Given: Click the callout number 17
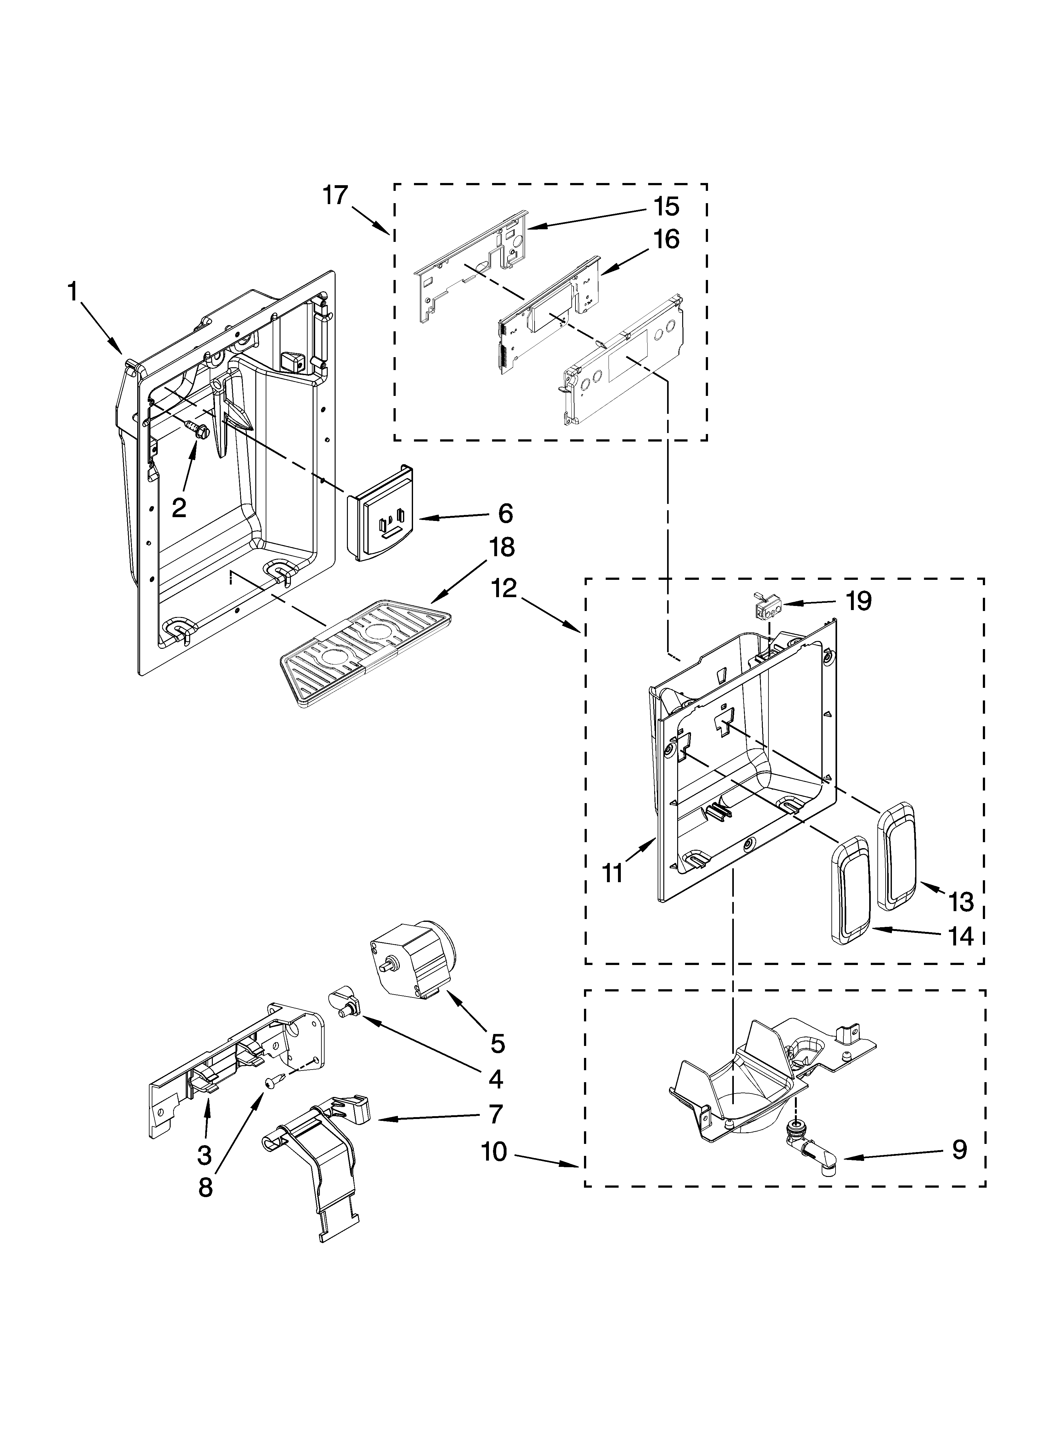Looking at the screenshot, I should [x=335, y=195].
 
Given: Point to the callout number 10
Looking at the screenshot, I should [x=494, y=1152].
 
